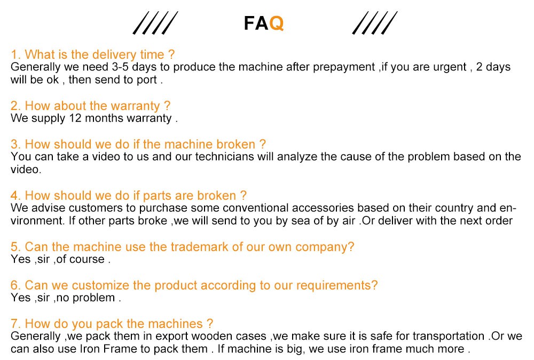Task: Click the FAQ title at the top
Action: tap(264, 24)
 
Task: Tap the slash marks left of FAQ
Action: tap(155, 23)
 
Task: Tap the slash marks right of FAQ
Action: tap(375, 23)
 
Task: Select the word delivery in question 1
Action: tap(114, 54)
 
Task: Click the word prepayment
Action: tap(343, 67)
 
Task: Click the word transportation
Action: tap(448, 336)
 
